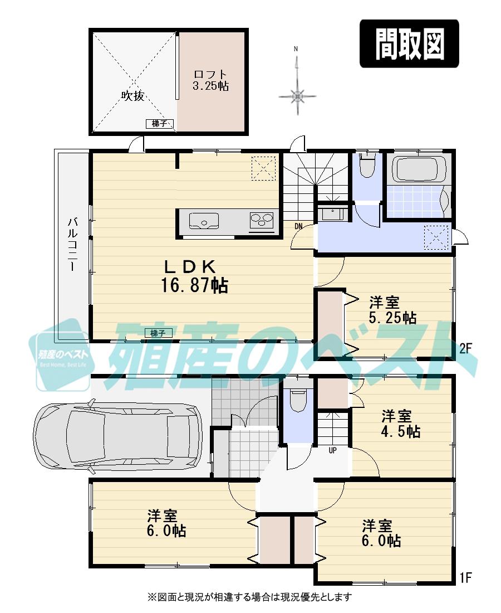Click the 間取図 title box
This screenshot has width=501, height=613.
click(x=409, y=44)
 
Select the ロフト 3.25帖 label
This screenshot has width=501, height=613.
click(x=211, y=80)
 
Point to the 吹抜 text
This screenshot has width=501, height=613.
click(x=133, y=96)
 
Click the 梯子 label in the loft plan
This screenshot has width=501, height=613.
click(x=159, y=124)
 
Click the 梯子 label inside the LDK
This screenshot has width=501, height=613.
click(x=158, y=333)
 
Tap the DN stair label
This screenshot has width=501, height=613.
click(x=299, y=226)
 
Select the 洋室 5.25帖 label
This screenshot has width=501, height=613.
click(x=392, y=310)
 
